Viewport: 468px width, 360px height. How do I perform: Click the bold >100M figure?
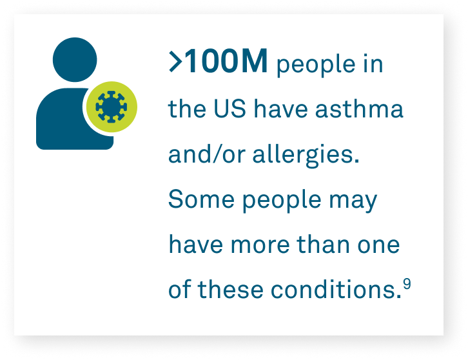pos(218,65)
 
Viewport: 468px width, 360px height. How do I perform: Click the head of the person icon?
pos(75,56)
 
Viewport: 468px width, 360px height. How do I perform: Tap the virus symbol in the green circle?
pos(111,105)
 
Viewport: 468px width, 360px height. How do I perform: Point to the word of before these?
pos(180,290)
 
